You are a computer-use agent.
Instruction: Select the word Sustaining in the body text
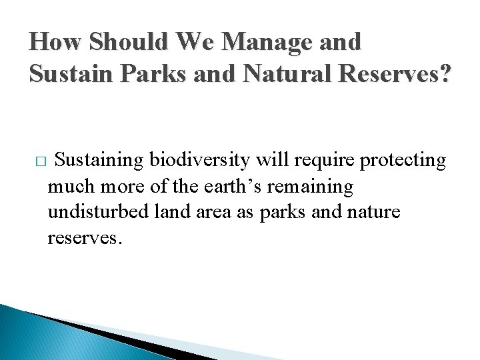tap(99, 161)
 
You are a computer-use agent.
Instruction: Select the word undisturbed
tap(99, 213)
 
